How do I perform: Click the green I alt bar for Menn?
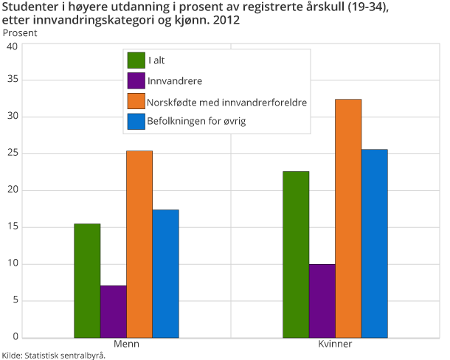(x=87, y=280)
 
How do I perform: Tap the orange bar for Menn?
(x=139, y=244)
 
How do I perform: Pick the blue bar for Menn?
(x=165, y=274)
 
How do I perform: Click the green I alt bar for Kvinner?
(x=295, y=255)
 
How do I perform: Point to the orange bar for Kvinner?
(x=347, y=218)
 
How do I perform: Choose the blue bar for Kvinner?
(x=374, y=243)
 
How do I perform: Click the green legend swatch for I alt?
(x=136, y=60)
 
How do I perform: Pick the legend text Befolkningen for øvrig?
(x=195, y=121)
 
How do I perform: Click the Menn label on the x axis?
(x=126, y=345)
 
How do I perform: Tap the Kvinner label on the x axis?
(x=335, y=345)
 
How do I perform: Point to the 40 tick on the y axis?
(x=12, y=46)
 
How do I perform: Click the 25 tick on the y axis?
(x=12, y=153)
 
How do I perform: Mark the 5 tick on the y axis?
(x=15, y=300)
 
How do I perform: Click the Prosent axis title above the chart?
(x=20, y=32)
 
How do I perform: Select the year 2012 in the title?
(x=226, y=21)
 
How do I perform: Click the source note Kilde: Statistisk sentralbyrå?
(x=53, y=356)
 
